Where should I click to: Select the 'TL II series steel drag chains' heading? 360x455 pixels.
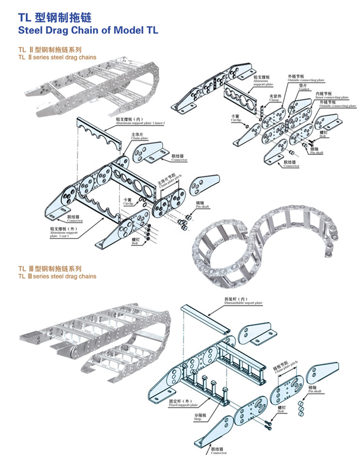pyautogui.click(x=57, y=57)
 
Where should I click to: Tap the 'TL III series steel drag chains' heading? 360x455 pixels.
pyautogui.click(x=57, y=276)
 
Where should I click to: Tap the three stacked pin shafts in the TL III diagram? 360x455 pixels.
pyautogui.click(x=301, y=407)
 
